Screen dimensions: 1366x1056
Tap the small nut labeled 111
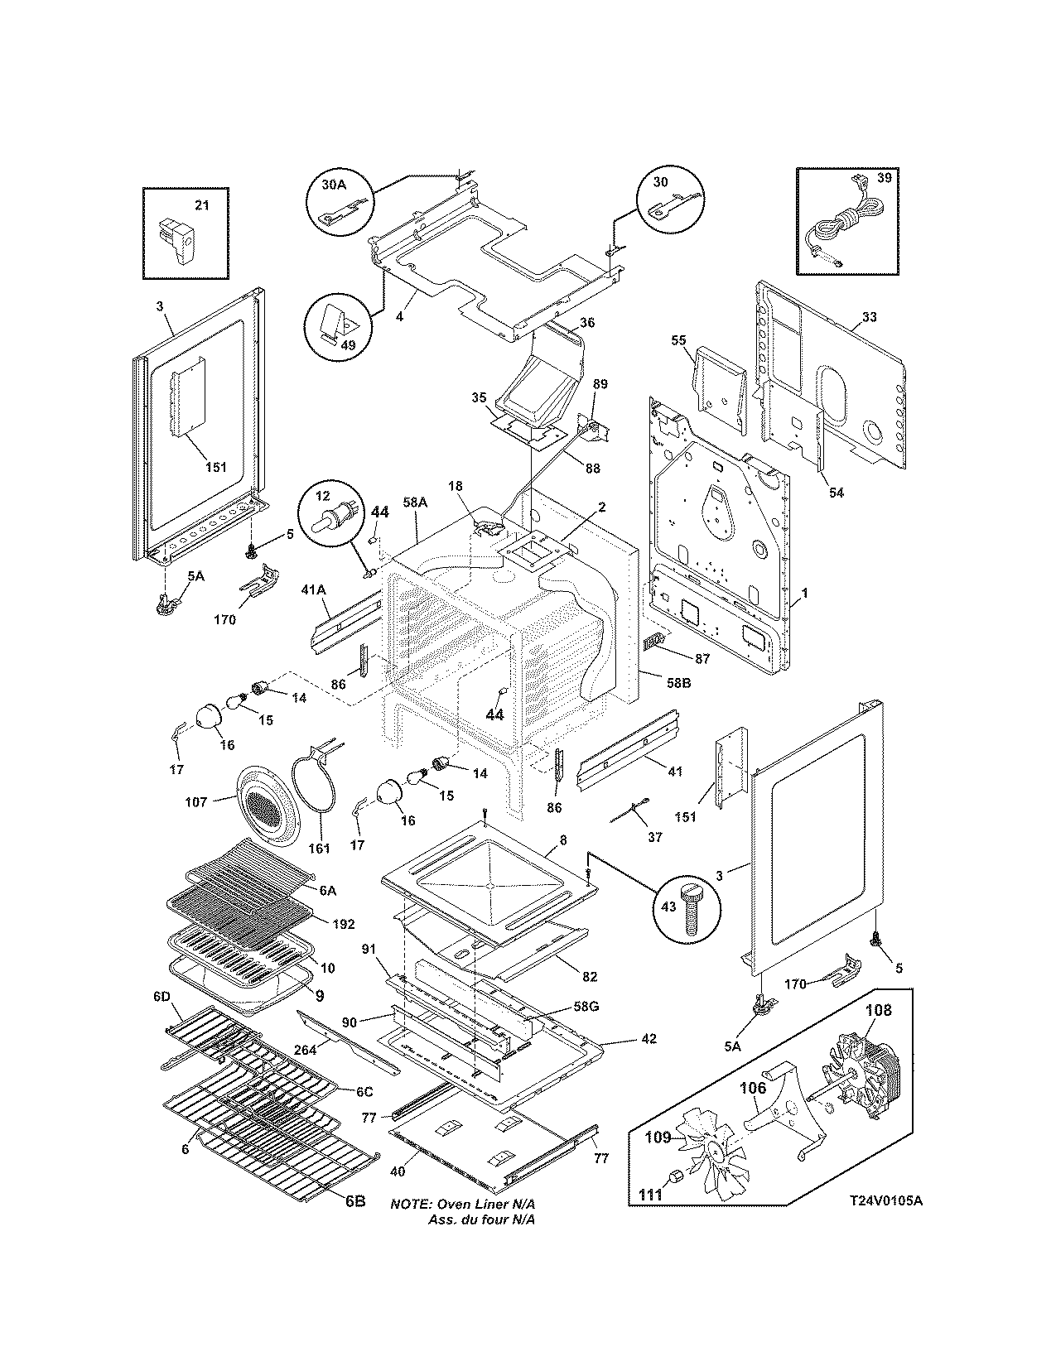pyautogui.click(x=675, y=1178)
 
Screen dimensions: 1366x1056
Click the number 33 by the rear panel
pyautogui.click(x=869, y=317)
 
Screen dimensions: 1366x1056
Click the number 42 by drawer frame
pyautogui.click(x=649, y=1038)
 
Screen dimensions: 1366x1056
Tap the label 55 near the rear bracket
pyautogui.click(x=677, y=340)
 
